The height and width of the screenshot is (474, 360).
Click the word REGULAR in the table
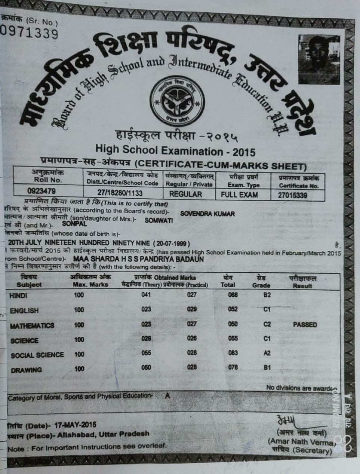click(x=185, y=194)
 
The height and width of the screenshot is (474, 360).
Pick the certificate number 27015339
click(x=293, y=195)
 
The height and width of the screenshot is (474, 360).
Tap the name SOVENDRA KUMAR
click(x=207, y=214)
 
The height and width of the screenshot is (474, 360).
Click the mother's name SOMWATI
click(x=159, y=220)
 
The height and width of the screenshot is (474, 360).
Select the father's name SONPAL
click(x=74, y=224)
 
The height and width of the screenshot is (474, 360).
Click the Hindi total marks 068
click(x=233, y=295)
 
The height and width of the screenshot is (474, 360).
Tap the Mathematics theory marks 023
click(x=146, y=324)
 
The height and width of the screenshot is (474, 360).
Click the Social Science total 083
click(x=233, y=353)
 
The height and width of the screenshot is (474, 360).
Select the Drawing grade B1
click(x=267, y=367)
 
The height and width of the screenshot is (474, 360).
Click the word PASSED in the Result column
click(x=305, y=325)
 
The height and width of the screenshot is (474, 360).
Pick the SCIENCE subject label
click(x=25, y=341)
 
